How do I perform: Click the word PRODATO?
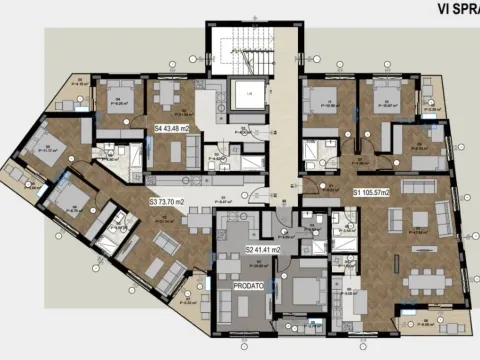[248, 285]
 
